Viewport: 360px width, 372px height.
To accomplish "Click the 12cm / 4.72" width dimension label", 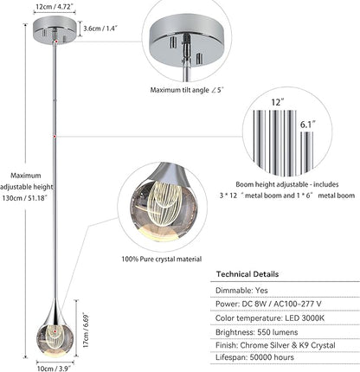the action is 55,7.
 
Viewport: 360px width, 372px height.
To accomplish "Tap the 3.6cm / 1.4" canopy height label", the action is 100,29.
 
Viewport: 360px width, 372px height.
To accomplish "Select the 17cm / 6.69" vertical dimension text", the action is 86,330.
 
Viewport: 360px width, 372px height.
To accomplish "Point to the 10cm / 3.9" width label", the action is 54,369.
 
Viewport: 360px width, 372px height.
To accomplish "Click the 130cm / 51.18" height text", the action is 25,198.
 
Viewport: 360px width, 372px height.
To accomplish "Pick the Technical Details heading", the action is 247,274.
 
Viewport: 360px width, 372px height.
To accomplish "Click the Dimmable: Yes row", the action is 241,290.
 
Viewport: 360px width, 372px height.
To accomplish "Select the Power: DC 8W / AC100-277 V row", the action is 268,304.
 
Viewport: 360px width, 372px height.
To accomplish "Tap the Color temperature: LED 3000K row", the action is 270,318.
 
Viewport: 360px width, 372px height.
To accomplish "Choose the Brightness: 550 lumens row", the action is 256,332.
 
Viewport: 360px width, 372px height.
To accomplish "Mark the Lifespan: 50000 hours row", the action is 254,357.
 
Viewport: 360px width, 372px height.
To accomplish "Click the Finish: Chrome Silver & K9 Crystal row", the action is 275,345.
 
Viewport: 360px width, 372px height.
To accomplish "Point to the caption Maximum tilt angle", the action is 179,90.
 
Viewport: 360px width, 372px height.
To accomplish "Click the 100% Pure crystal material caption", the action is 161,259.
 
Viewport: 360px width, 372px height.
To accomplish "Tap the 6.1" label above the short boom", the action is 307,125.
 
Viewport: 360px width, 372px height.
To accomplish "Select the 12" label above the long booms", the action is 278,102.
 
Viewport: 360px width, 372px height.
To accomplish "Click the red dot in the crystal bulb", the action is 53,332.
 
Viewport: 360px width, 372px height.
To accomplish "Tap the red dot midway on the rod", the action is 55,136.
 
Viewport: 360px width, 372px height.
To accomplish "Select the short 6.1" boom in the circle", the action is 307,152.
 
